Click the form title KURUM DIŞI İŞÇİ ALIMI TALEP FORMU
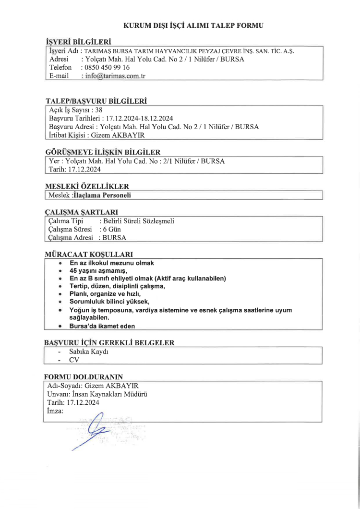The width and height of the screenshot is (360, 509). (x=193, y=25)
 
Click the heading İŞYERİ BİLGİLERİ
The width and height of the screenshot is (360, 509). (x=78, y=42)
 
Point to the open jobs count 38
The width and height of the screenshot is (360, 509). (x=100, y=109)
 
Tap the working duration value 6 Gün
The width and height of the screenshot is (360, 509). (x=110, y=229)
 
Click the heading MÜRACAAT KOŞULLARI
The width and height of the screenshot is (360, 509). (x=89, y=254)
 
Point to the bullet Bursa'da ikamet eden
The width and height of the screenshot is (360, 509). (x=102, y=326)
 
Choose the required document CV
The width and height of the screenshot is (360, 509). (x=74, y=360)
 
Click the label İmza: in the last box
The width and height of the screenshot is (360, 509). (x=56, y=412)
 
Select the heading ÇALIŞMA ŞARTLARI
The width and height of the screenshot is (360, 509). (x=81, y=212)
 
